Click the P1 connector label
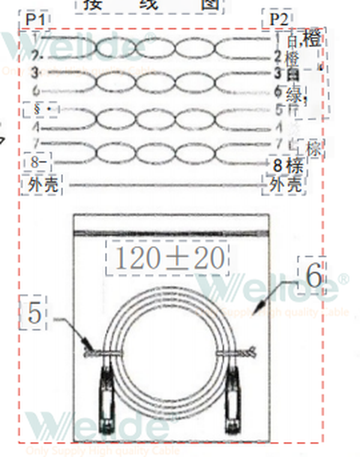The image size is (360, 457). click(35, 19)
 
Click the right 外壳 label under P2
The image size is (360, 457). click(286, 185)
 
